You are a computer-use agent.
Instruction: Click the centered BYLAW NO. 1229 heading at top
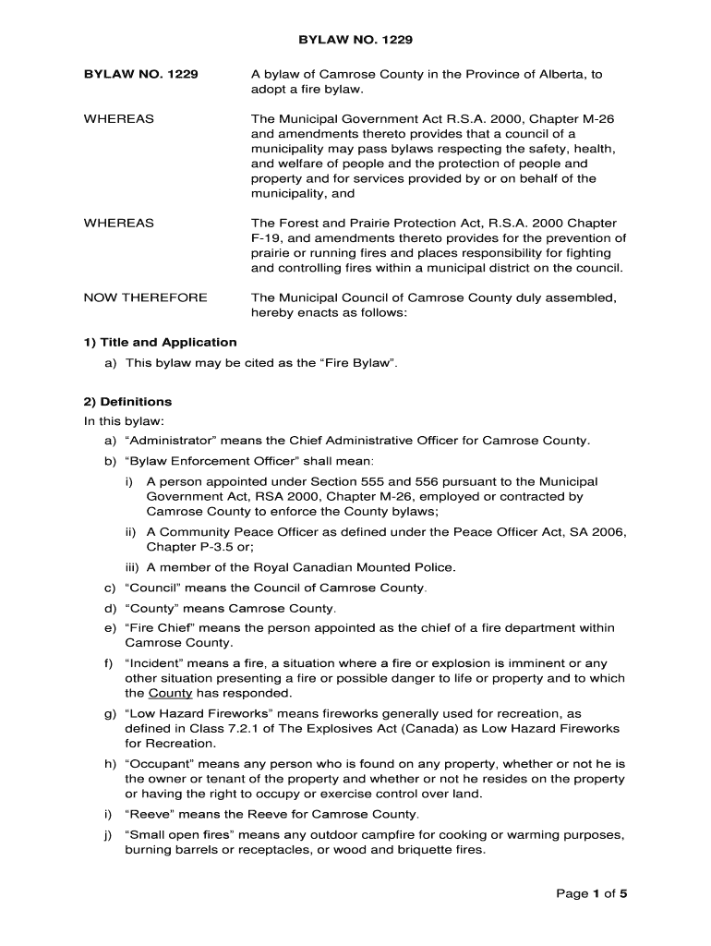pyautogui.click(x=355, y=41)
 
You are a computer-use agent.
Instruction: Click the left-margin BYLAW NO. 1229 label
pyautogui.click(x=140, y=74)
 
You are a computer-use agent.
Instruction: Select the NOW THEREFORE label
pyautogui.click(x=146, y=297)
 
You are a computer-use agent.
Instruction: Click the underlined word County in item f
pyautogui.click(x=170, y=693)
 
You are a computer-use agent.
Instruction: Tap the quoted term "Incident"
pyautogui.click(x=155, y=661)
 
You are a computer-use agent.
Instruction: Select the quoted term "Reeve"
pyautogui.click(x=148, y=815)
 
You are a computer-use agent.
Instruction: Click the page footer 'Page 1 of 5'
pyautogui.click(x=593, y=893)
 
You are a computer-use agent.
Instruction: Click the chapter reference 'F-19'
pyautogui.click(x=268, y=237)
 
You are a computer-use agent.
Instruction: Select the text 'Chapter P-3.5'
pyautogui.click(x=187, y=547)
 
